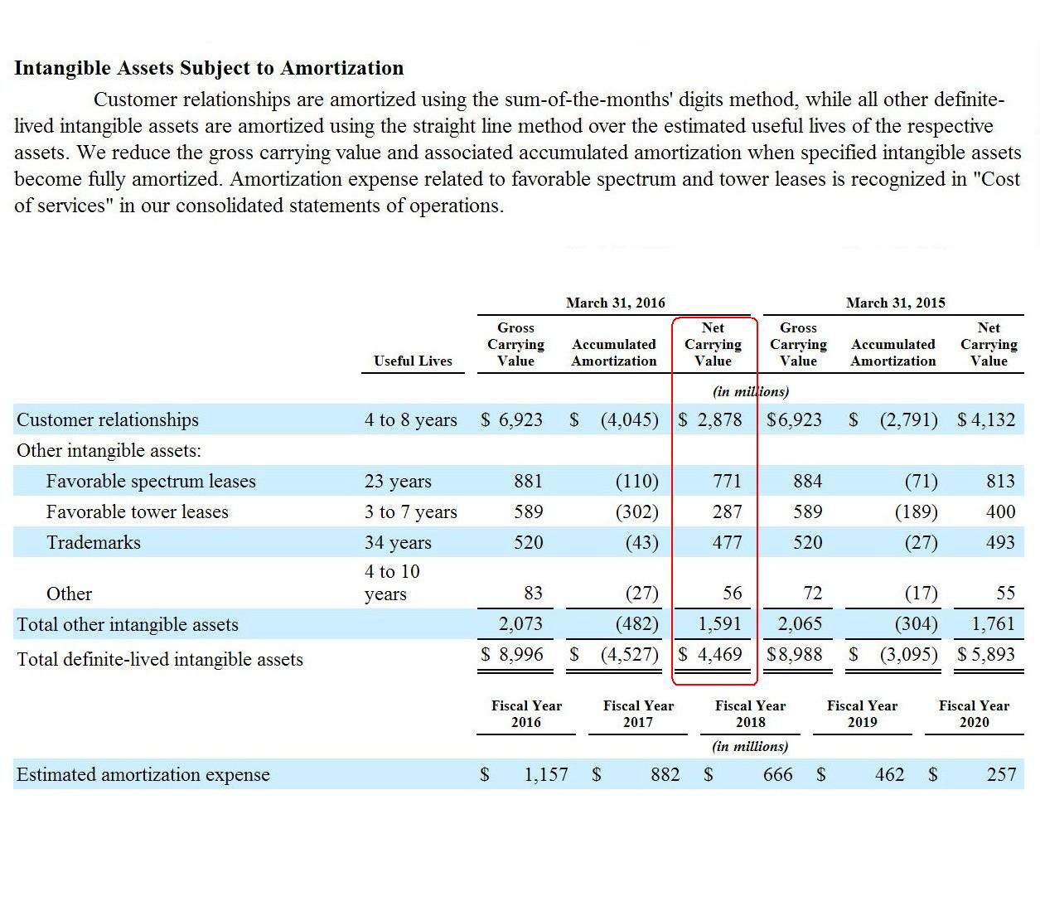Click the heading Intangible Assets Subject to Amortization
pos(209,68)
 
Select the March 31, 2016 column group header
pos(616,303)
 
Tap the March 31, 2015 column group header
pos(896,303)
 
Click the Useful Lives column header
pos(413,361)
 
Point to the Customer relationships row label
pos(107,419)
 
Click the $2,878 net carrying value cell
pos(710,419)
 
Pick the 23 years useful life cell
pos(398,481)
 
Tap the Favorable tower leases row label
pos(137,511)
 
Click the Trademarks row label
pos(94,542)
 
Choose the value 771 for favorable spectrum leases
pos(727,481)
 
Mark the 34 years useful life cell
pos(398,543)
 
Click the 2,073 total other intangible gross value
pos(520,623)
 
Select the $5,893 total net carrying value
pos(986,654)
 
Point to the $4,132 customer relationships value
pos(986,419)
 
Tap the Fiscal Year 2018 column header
pos(750,714)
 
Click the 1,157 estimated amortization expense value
pos(545,774)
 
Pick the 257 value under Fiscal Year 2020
pos(1001,774)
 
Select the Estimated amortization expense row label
pos(143,774)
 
